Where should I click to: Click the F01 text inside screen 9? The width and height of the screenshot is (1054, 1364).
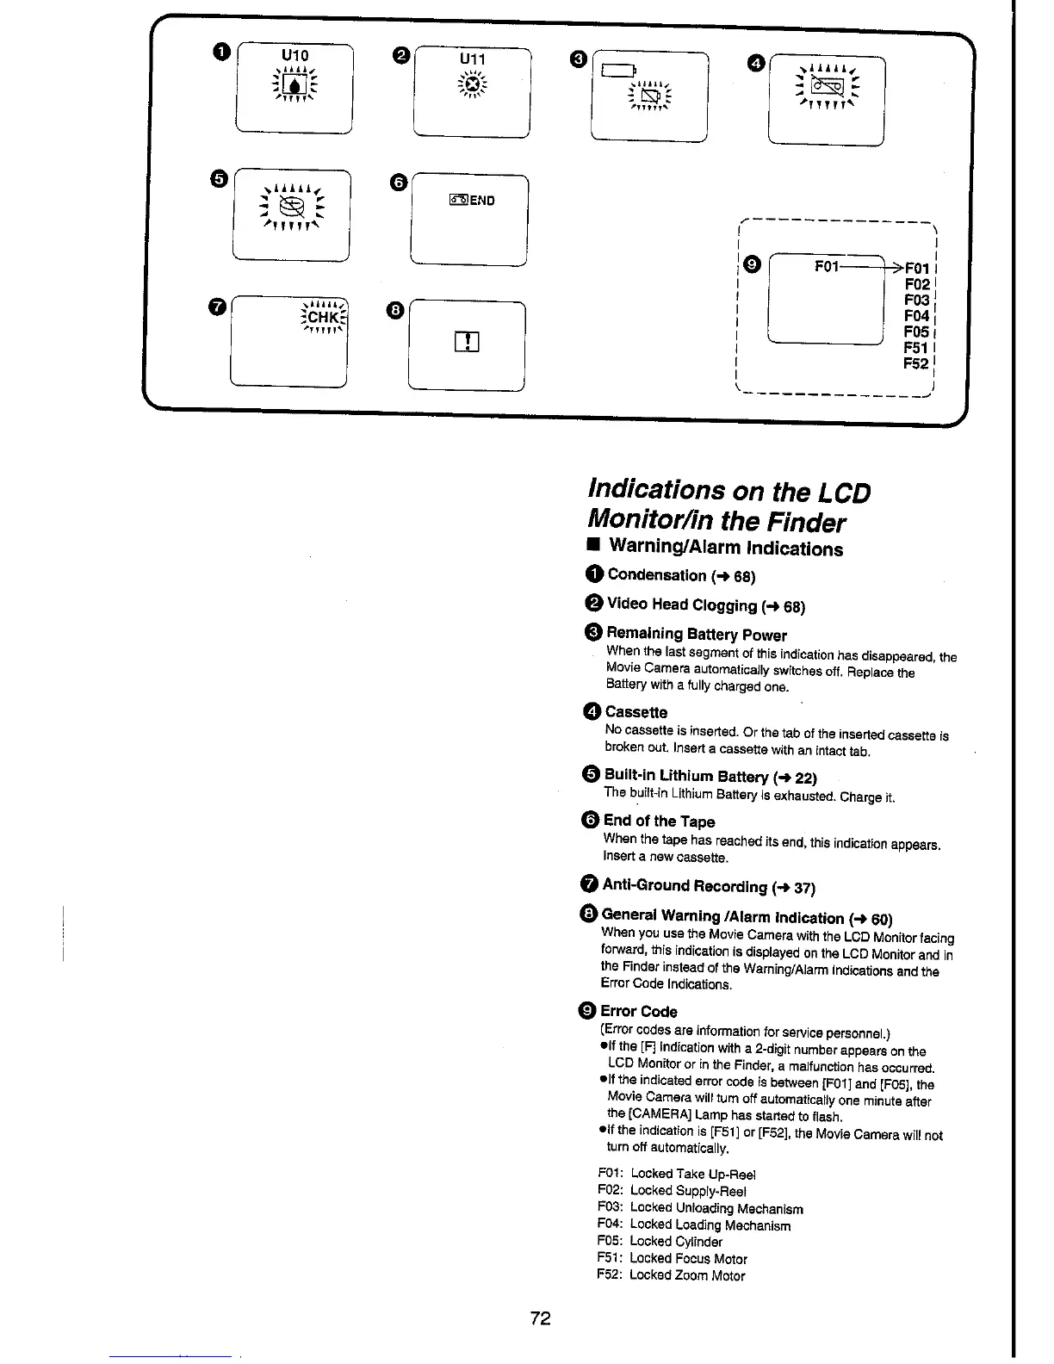[827, 266]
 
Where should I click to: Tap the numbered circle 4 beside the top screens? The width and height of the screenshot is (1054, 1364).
[756, 63]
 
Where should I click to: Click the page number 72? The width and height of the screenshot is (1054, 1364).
[540, 1318]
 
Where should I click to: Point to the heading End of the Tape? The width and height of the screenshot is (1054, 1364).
[660, 821]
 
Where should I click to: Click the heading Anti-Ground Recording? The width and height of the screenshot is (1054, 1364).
[685, 885]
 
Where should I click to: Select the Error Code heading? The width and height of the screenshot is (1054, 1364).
[639, 1011]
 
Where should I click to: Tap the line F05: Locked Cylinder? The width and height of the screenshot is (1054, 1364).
[660, 1241]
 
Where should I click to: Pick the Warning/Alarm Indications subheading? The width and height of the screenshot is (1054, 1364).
[726, 548]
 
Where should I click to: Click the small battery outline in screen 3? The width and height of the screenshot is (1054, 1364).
[618, 71]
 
